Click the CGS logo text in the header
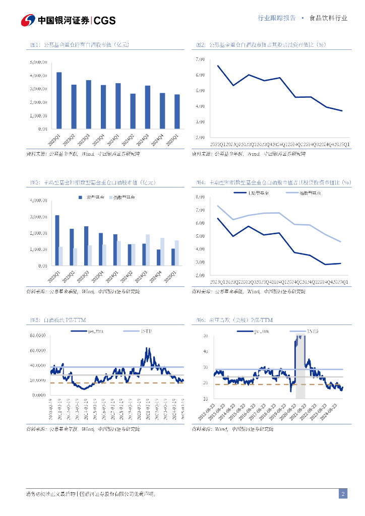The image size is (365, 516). tap(105, 21)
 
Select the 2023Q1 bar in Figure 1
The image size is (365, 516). tap(59, 100)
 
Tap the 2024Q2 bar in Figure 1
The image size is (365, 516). tap(133, 111)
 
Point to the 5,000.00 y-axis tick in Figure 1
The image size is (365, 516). tap(39, 62)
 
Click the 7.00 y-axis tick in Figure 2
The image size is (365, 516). tap(200, 59)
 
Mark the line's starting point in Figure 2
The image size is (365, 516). tap(218, 66)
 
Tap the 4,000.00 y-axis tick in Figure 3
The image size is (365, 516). tap(39, 201)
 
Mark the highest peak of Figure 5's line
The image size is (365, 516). tap(147, 348)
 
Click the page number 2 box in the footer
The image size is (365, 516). tap(343, 494)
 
